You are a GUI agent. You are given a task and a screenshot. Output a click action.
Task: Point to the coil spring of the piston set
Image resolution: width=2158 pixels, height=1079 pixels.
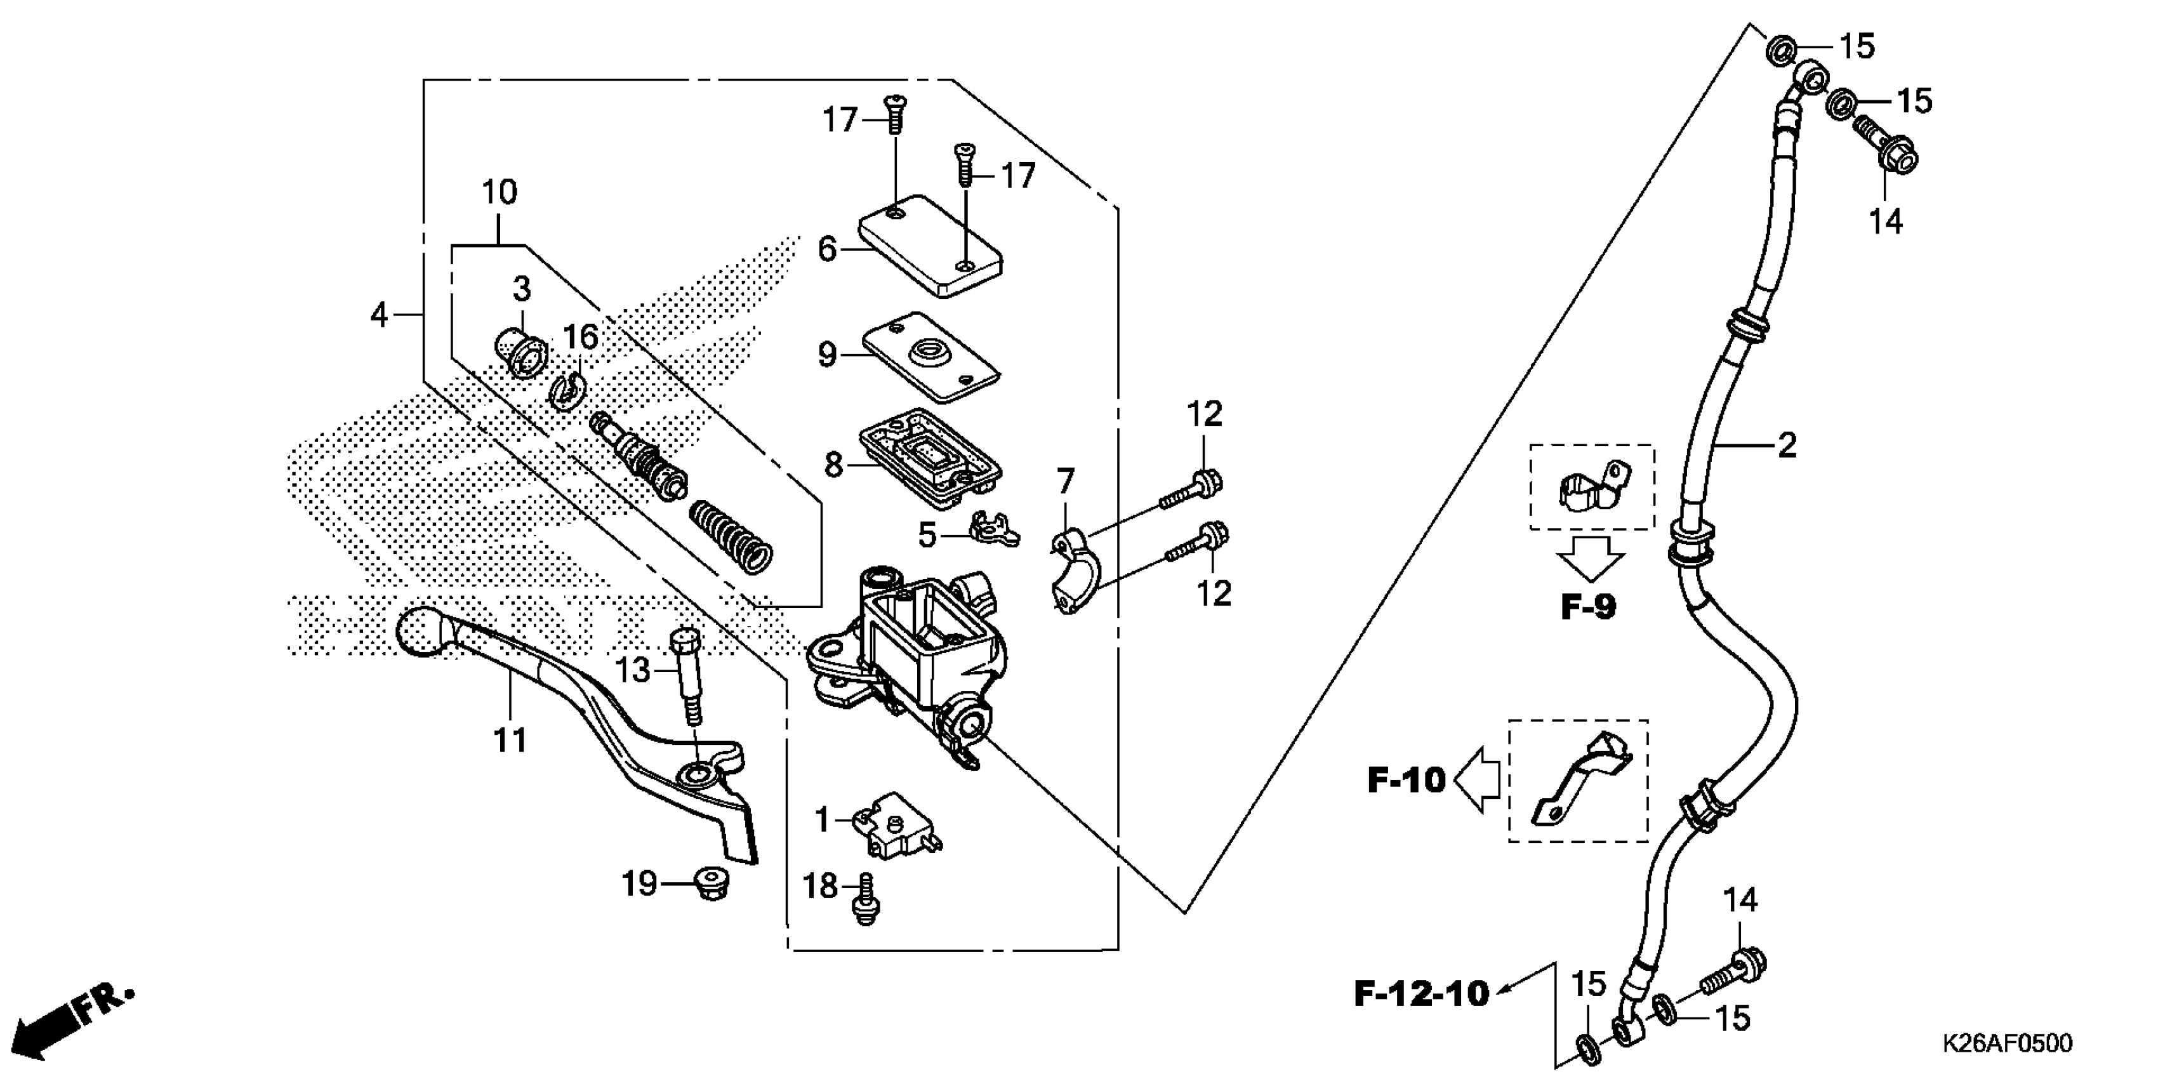[x=729, y=537]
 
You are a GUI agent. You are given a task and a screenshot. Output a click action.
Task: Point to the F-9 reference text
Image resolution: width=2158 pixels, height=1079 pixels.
[x=1588, y=607]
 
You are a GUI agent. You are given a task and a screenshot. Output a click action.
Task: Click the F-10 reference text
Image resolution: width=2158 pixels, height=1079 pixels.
[x=1407, y=781]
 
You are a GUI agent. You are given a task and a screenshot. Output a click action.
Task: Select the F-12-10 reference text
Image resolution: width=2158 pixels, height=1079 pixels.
[x=1422, y=995]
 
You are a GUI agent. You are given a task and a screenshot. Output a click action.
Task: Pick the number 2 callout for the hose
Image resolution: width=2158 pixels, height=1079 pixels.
[x=1787, y=446]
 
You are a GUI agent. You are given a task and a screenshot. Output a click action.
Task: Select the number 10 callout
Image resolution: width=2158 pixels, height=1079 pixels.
[x=500, y=193]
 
